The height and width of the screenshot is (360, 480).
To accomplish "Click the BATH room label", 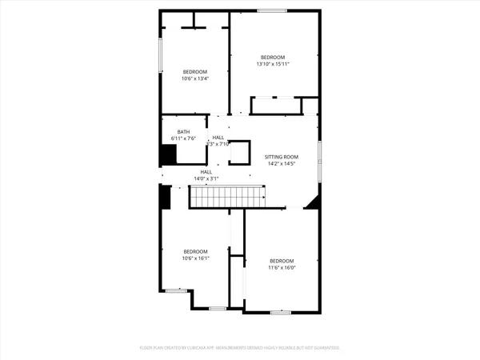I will click(x=184, y=132).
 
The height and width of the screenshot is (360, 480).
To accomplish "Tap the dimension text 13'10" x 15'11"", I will click(x=272, y=64).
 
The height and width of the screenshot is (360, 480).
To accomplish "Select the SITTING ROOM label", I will click(x=282, y=156).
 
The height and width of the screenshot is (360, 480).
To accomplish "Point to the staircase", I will click(x=227, y=195).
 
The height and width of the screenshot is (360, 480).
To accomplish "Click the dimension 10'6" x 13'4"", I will click(x=195, y=78).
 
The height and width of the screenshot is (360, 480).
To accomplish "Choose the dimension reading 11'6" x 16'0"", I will click(x=282, y=268).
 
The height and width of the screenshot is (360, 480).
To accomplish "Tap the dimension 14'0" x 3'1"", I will click(x=206, y=178).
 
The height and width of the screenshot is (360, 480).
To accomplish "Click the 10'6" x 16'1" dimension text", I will click(x=195, y=258).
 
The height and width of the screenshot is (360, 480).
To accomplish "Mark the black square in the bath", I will click(x=169, y=154).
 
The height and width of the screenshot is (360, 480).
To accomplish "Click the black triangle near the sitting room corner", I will click(x=314, y=202).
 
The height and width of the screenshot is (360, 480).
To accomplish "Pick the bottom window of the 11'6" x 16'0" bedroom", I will click(x=279, y=312).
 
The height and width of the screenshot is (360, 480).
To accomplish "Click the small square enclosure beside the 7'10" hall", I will click(x=240, y=152).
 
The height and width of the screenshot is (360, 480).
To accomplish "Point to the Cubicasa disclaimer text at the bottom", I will click(x=240, y=348).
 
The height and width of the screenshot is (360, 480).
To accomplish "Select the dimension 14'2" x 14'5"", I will click(x=282, y=163).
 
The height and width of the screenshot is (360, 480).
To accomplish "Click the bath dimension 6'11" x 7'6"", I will click(x=184, y=138).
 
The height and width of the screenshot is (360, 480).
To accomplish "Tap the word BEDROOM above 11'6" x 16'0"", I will click(x=282, y=262).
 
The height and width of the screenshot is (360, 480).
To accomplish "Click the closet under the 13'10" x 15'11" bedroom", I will click(x=275, y=106).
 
